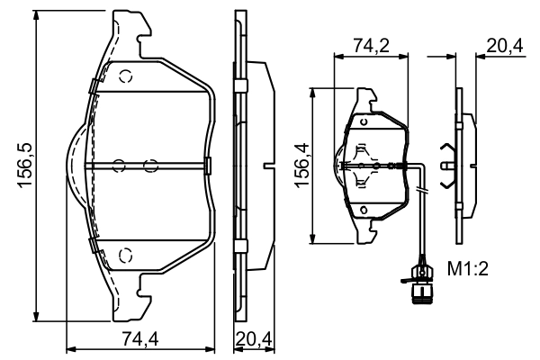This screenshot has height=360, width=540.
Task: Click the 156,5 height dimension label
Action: [x=25, y=167]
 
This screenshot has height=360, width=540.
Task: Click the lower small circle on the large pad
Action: [x=126, y=253]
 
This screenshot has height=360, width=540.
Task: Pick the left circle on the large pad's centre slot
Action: [x=117, y=165]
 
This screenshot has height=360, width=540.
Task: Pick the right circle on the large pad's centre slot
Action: [x=150, y=165]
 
